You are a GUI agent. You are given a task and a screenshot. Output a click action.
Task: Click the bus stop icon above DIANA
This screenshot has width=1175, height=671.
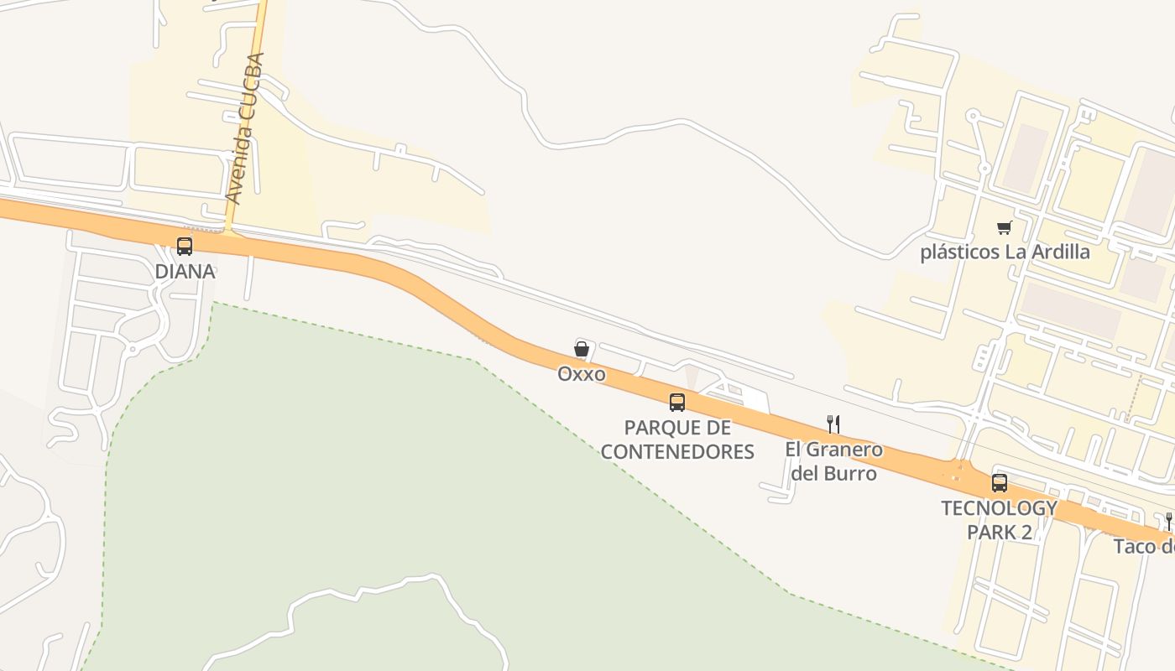[185, 247]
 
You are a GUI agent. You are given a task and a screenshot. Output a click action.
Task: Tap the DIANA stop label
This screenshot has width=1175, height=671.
[185, 272]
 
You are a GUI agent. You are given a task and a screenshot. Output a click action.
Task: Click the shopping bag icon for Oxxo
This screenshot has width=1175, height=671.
[581, 349]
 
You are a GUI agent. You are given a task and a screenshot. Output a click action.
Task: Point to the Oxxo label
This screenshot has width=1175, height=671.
[582, 374]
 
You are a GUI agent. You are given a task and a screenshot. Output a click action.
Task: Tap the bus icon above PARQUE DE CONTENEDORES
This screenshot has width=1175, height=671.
[677, 402]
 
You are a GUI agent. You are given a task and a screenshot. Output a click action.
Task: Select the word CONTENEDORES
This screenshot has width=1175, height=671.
[677, 452]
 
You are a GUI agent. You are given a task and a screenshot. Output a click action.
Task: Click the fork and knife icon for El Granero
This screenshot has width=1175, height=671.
[833, 424]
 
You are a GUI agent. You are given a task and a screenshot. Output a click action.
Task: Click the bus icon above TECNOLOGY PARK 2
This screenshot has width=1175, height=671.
[999, 483]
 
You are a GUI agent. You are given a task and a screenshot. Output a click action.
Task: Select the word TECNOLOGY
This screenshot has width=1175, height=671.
[999, 508]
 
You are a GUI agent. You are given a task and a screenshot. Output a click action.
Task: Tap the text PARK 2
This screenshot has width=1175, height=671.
[999, 533]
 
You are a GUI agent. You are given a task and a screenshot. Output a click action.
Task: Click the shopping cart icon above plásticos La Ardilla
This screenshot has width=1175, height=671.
[1004, 227]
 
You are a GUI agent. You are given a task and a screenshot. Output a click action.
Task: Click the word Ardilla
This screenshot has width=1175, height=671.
[1060, 252]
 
